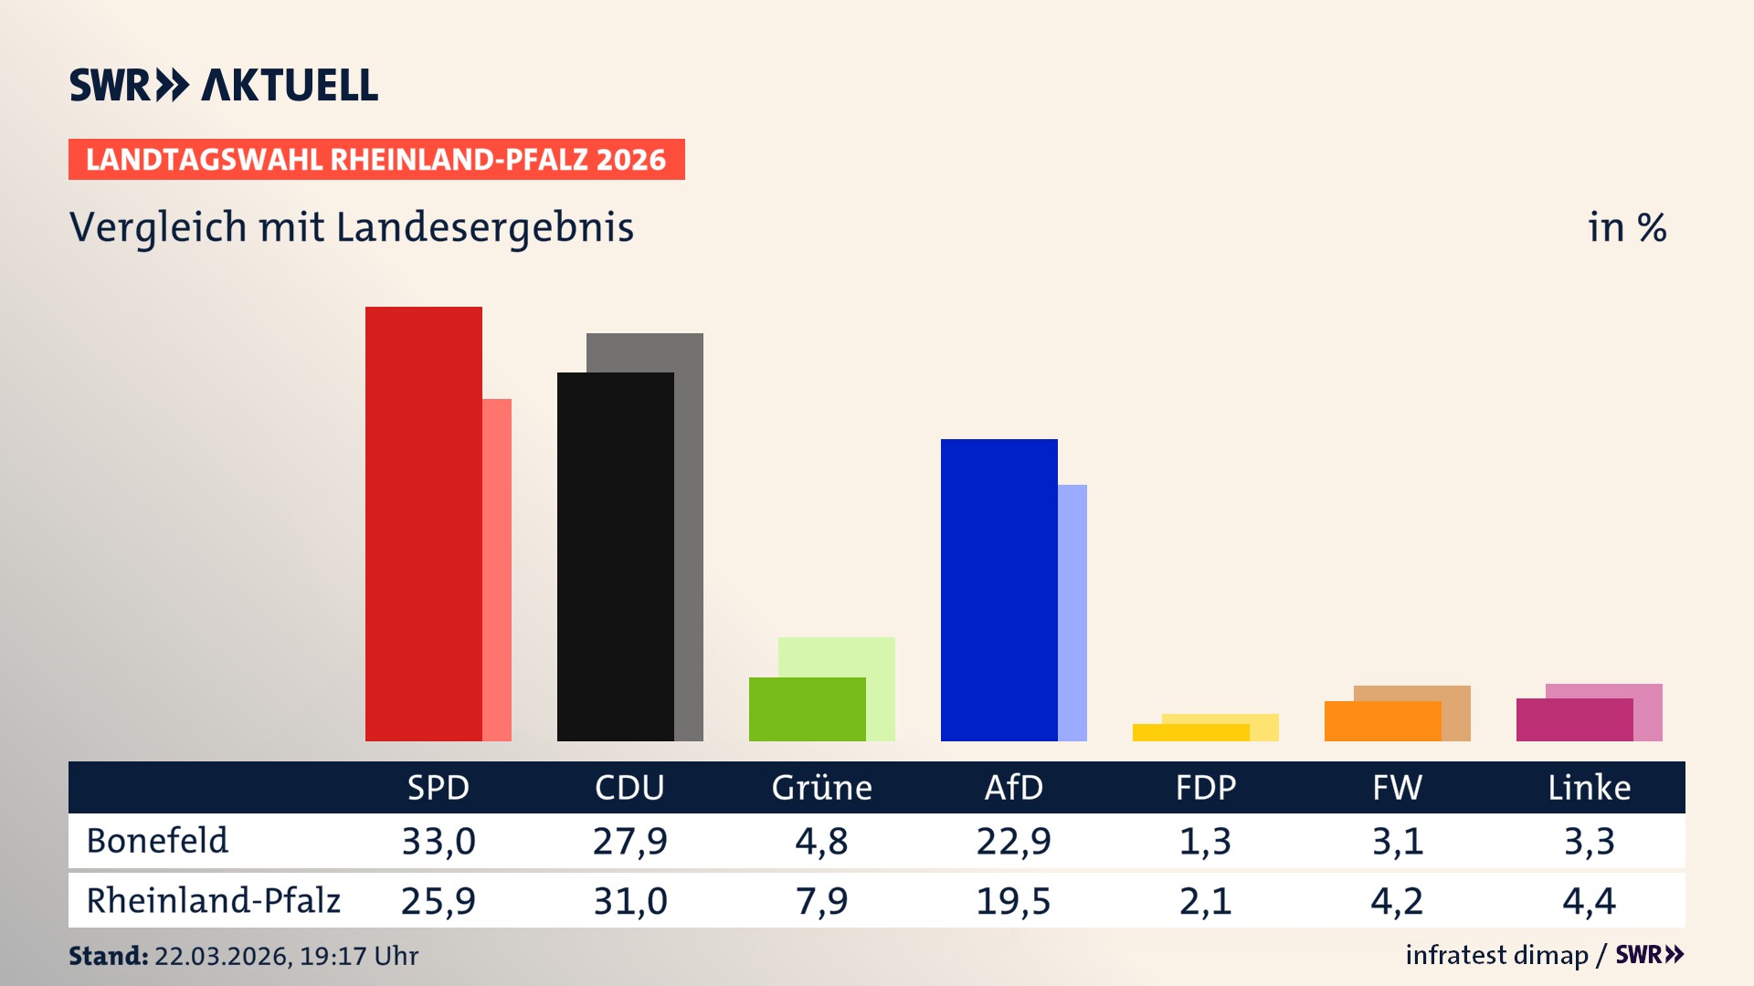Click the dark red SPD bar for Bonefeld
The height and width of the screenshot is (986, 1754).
[424, 524]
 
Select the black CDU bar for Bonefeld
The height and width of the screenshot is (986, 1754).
[616, 557]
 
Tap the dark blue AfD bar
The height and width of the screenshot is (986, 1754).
[999, 590]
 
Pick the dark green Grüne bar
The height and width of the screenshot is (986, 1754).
[808, 709]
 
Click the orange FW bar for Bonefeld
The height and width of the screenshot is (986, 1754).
[1383, 721]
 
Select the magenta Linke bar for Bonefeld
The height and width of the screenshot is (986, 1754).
[1575, 719]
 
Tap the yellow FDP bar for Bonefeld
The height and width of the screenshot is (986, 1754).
[1191, 732]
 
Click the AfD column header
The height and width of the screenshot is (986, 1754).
[1013, 787]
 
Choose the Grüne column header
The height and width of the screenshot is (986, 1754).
[821, 787]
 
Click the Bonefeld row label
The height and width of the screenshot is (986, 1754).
[157, 841]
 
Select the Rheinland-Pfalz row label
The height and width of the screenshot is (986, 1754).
[213, 900]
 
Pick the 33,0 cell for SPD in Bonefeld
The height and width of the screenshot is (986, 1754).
[438, 841]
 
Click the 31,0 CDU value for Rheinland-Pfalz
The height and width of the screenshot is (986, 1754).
[630, 901]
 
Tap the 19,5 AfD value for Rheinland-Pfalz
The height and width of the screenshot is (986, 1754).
[1013, 901]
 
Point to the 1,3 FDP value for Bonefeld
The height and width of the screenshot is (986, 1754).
[1205, 841]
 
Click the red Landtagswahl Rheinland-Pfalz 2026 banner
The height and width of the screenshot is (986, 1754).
[376, 160]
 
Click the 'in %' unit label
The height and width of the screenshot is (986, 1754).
[1627, 227]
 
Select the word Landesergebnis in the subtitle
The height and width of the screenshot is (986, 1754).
[484, 227]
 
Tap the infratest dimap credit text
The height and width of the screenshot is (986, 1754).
[1496, 955]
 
